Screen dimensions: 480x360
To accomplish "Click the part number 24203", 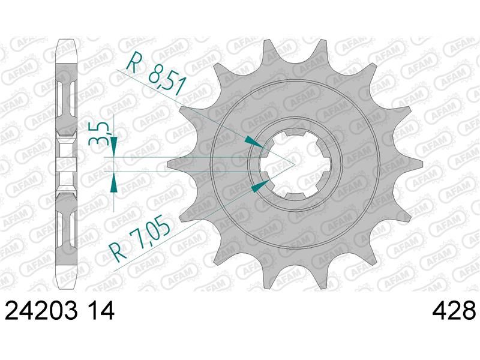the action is point(41,310).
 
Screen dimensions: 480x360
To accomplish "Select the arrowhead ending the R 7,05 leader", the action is point(260,186).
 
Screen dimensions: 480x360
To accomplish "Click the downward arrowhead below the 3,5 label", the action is point(114,146).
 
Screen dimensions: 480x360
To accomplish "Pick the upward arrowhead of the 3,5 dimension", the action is point(114,182).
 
